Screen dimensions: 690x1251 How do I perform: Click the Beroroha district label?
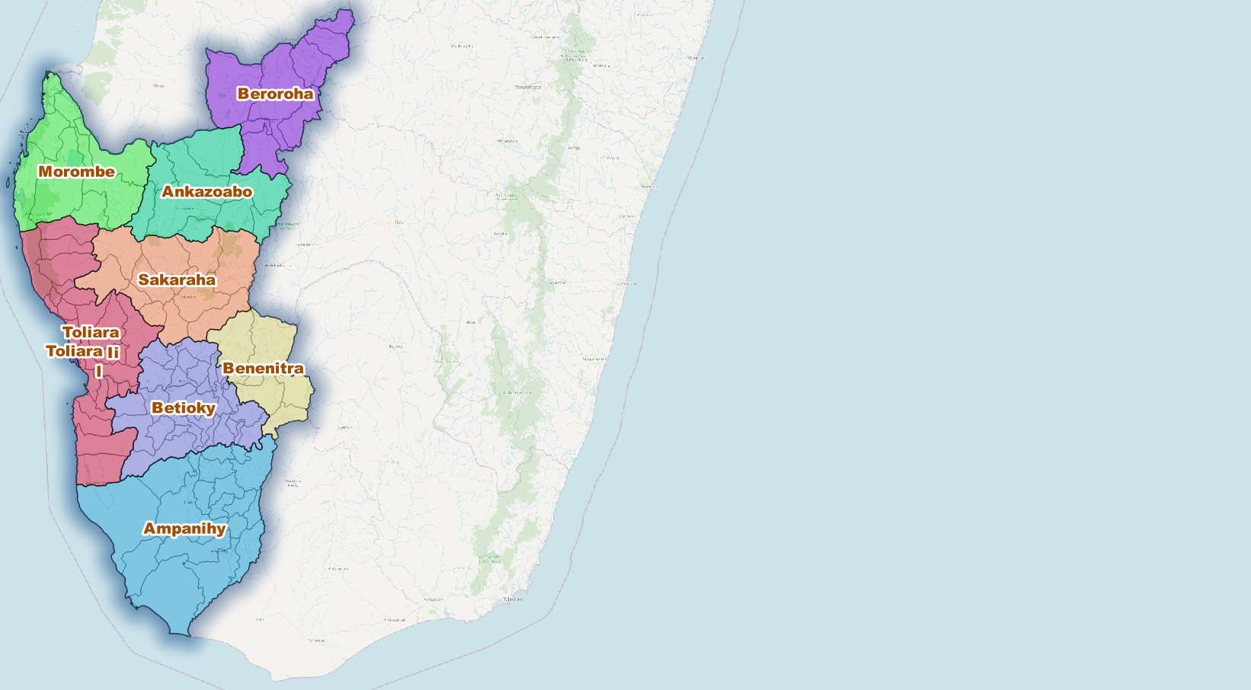coord(275,94)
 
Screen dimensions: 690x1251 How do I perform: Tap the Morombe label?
coord(76,171)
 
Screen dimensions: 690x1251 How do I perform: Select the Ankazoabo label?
coord(206,191)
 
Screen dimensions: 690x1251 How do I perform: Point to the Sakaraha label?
coord(177,280)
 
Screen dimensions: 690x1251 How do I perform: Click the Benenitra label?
coord(263,368)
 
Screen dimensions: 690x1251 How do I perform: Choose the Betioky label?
coord(183,407)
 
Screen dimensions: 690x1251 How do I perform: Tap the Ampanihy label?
coord(184,529)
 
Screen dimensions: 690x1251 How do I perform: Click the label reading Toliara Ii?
coord(82,351)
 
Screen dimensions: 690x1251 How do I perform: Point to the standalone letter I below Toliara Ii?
coord(98,371)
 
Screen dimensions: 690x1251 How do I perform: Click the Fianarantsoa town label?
coord(527,87)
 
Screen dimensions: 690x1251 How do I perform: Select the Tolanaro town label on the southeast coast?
coord(513,599)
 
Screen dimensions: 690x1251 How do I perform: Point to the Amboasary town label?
coord(434,599)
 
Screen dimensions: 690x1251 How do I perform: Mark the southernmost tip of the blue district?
coord(181,634)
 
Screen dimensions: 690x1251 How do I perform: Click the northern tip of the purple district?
coord(350,11)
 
